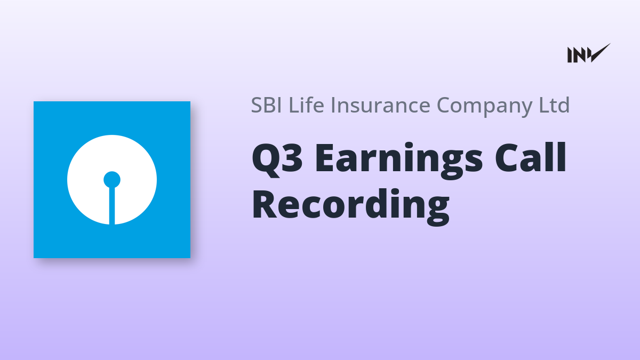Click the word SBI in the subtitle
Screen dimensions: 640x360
(x=266, y=105)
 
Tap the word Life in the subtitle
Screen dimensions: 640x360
(x=306, y=105)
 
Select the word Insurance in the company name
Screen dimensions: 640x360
(x=381, y=105)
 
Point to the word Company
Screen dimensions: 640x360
(x=485, y=106)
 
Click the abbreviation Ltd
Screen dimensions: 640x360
(x=554, y=105)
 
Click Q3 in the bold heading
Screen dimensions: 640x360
(x=277, y=159)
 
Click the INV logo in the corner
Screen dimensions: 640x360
(x=589, y=53)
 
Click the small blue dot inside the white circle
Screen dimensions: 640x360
(x=111, y=180)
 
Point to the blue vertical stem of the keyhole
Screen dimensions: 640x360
(x=112, y=206)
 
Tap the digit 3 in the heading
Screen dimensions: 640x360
(x=291, y=158)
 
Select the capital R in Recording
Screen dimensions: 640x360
(x=265, y=204)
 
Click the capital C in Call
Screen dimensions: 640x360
(x=507, y=158)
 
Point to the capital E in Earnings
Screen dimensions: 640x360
(x=326, y=158)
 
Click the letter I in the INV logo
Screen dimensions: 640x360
(x=570, y=55)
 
